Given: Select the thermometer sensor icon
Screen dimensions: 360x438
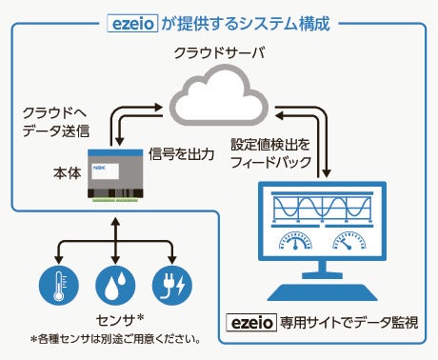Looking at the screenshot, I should pyautogui.click(x=58, y=285).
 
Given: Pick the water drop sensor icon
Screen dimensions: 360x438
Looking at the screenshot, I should pyautogui.click(x=115, y=285).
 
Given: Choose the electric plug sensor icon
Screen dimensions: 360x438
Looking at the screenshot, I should pyautogui.click(x=172, y=285).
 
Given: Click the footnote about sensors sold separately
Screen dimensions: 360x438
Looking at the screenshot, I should pyautogui.click(x=113, y=338).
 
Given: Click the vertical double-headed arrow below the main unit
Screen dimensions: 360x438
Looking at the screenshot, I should pyautogui.click(x=115, y=233).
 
